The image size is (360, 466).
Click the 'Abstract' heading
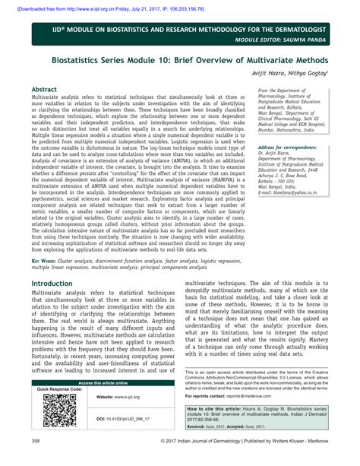click(46, 89)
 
